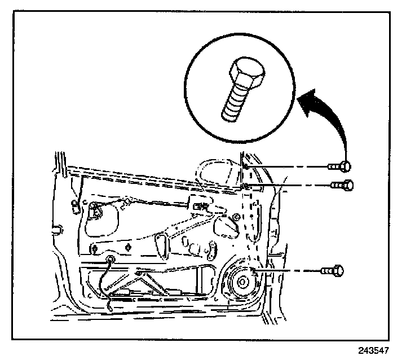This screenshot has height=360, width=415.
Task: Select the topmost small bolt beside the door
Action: (338, 166)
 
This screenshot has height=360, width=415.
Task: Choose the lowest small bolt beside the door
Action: (332, 271)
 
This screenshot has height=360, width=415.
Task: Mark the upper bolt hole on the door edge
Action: (246, 166)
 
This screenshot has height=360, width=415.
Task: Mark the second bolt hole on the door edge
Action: (246, 185)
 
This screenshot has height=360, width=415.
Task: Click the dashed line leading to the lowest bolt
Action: (288, 271)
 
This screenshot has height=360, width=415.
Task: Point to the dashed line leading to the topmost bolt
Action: (288, 166)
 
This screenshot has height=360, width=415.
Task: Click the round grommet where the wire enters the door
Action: (111, 260)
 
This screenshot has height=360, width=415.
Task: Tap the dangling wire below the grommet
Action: (105, 288)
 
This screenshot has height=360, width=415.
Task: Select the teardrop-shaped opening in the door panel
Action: (161, 243)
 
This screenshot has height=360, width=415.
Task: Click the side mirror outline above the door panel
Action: (217, 172)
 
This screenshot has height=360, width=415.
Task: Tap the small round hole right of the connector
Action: (236, 217)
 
